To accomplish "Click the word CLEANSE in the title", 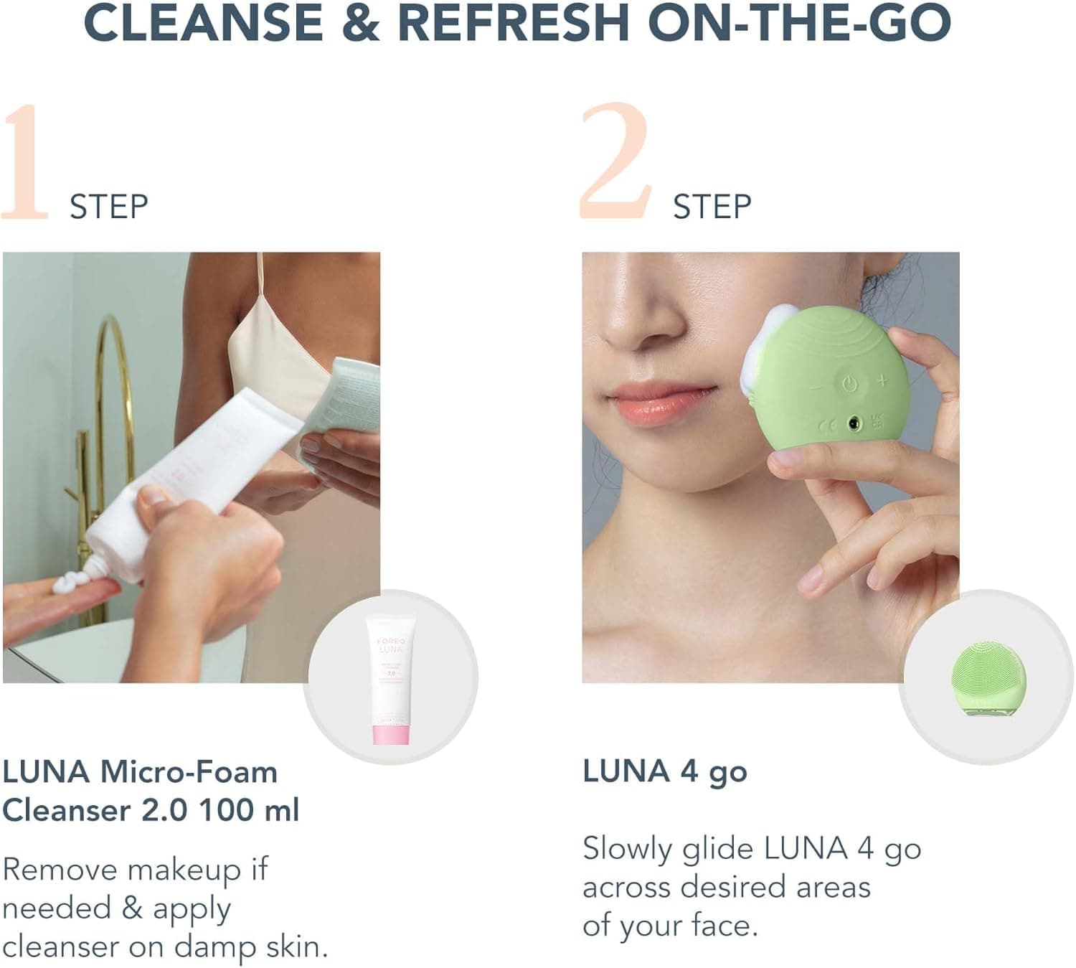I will click(203, 22).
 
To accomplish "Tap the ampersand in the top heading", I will click(361, 22).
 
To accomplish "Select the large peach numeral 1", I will click(26, 163).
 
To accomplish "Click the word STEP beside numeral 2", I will click(712, 207).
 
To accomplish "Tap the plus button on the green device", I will click(882, 380).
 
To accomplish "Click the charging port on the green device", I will click(854, 424).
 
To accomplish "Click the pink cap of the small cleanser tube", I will click(391, 734).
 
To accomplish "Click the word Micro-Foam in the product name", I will click(189, 772).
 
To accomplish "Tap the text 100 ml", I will click(249, 811).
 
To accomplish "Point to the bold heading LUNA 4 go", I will click(665, 772).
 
